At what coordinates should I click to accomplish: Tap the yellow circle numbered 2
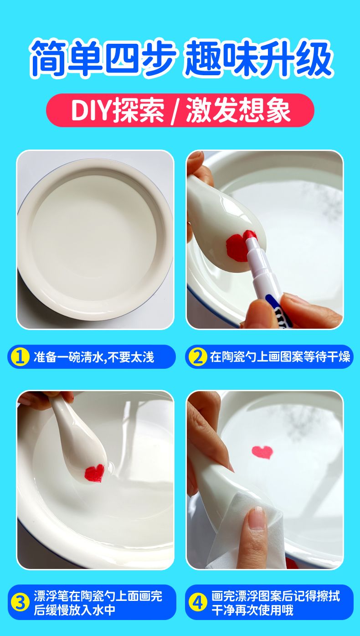197,357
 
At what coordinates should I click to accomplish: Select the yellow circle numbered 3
20,603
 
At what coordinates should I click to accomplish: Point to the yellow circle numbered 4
197,603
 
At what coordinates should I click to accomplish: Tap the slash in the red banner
174,110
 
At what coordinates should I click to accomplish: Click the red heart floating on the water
262,452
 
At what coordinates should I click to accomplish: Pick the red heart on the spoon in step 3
94,473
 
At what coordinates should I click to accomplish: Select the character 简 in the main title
48,59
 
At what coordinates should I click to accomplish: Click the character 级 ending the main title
314,59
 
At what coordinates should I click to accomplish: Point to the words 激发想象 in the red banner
238,110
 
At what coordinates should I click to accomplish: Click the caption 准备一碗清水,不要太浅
93,357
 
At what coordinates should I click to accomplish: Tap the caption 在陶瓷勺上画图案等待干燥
280,357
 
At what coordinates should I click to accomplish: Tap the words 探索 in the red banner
139,110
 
